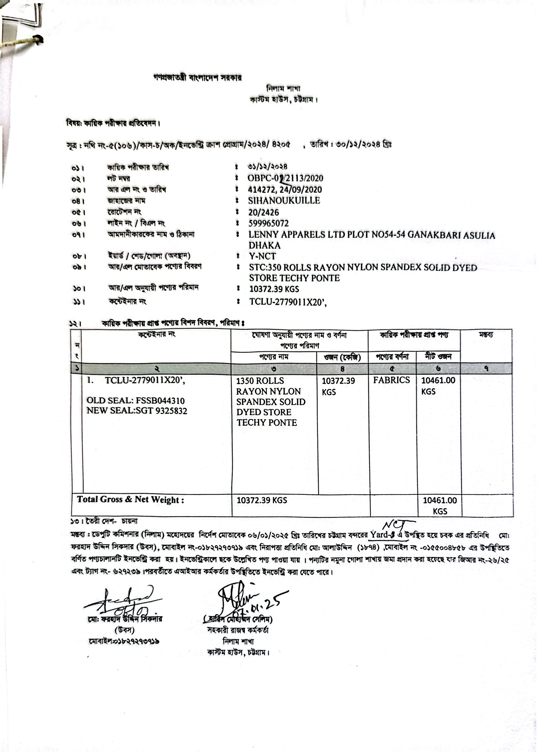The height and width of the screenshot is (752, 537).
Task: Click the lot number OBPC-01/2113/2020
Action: coord(285,178)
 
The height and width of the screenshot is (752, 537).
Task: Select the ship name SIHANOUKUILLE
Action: coord(284,201)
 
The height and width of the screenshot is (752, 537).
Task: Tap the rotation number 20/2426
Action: coord(263,212)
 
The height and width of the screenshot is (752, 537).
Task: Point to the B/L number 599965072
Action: coord(268,223)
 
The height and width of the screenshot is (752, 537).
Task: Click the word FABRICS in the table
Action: coord(392,380)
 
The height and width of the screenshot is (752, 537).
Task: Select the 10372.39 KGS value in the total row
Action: coord(262,500)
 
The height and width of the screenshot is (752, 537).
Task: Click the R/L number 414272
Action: coord(260,190)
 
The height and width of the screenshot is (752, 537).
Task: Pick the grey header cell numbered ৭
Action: coord(486,368)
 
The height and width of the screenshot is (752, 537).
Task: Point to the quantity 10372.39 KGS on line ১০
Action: coord(274,289)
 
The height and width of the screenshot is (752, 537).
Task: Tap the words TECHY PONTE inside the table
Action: coord(267,422)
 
